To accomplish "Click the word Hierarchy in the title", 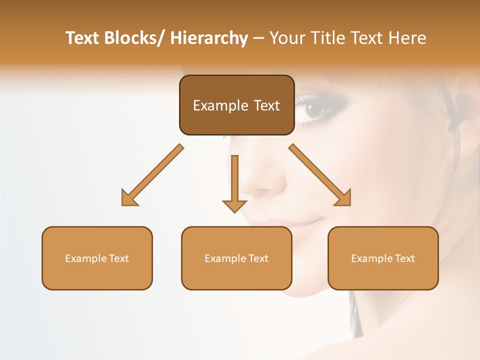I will tap(209, 38).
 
